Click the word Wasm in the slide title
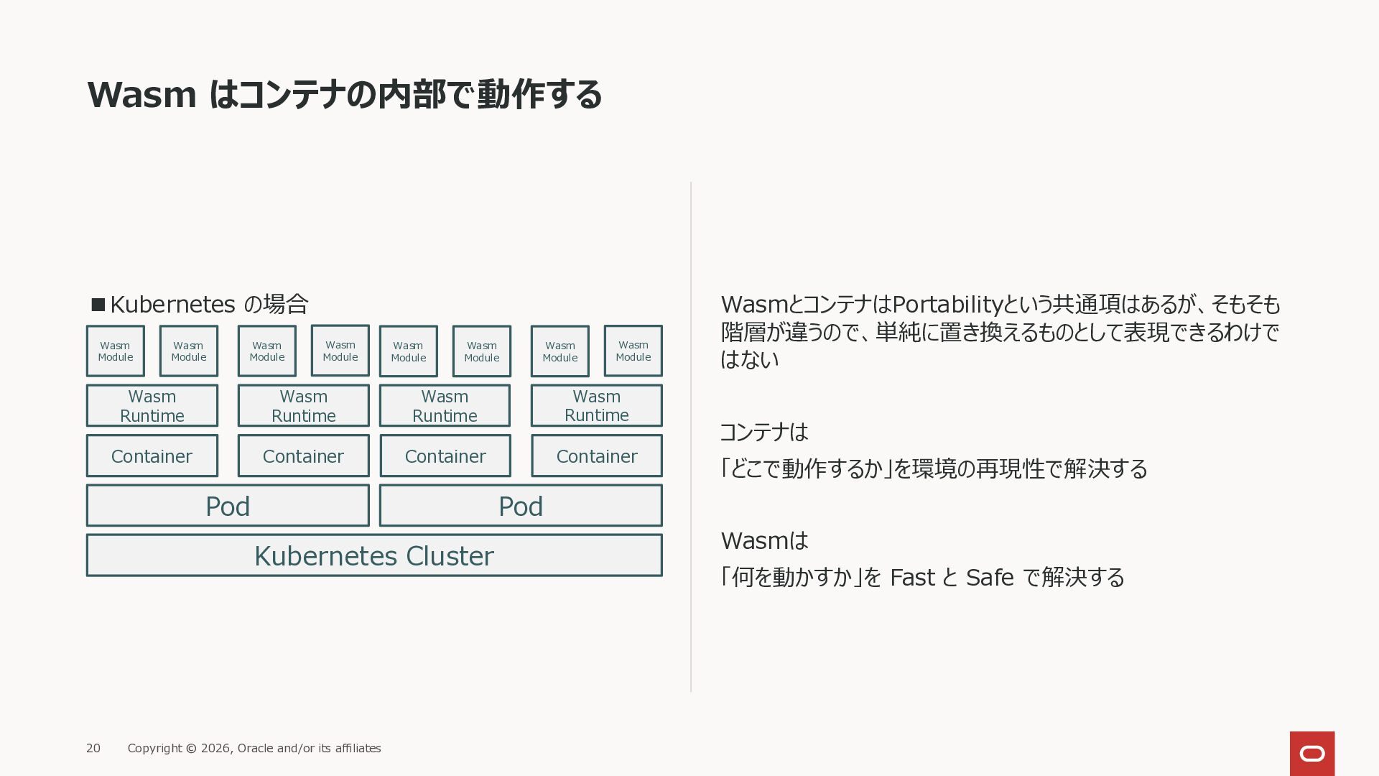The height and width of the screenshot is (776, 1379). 141,95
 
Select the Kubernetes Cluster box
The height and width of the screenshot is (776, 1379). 373,555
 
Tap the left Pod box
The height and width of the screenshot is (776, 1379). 228,506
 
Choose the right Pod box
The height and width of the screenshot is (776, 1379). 521,506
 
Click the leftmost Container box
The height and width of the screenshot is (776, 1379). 152,456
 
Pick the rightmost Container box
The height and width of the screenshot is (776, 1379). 596,456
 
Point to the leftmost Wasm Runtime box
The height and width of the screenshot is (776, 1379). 152,406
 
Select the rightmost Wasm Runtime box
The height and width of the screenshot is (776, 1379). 596,406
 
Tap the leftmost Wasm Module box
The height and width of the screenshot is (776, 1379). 115,351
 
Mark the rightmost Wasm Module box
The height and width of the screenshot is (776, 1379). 633,351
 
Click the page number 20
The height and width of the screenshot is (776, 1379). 93,748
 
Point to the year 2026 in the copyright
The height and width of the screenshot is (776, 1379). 215,748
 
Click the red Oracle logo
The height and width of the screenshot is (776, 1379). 1311,753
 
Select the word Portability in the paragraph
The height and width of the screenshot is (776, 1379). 947,305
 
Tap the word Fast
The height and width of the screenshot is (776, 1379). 912,578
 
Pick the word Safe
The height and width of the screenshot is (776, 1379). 989,578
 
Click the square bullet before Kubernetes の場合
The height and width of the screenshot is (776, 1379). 98,305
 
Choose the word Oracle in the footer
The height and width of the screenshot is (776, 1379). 255,748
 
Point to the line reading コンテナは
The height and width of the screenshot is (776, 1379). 763,432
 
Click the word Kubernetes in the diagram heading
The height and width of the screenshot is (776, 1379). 172,305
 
